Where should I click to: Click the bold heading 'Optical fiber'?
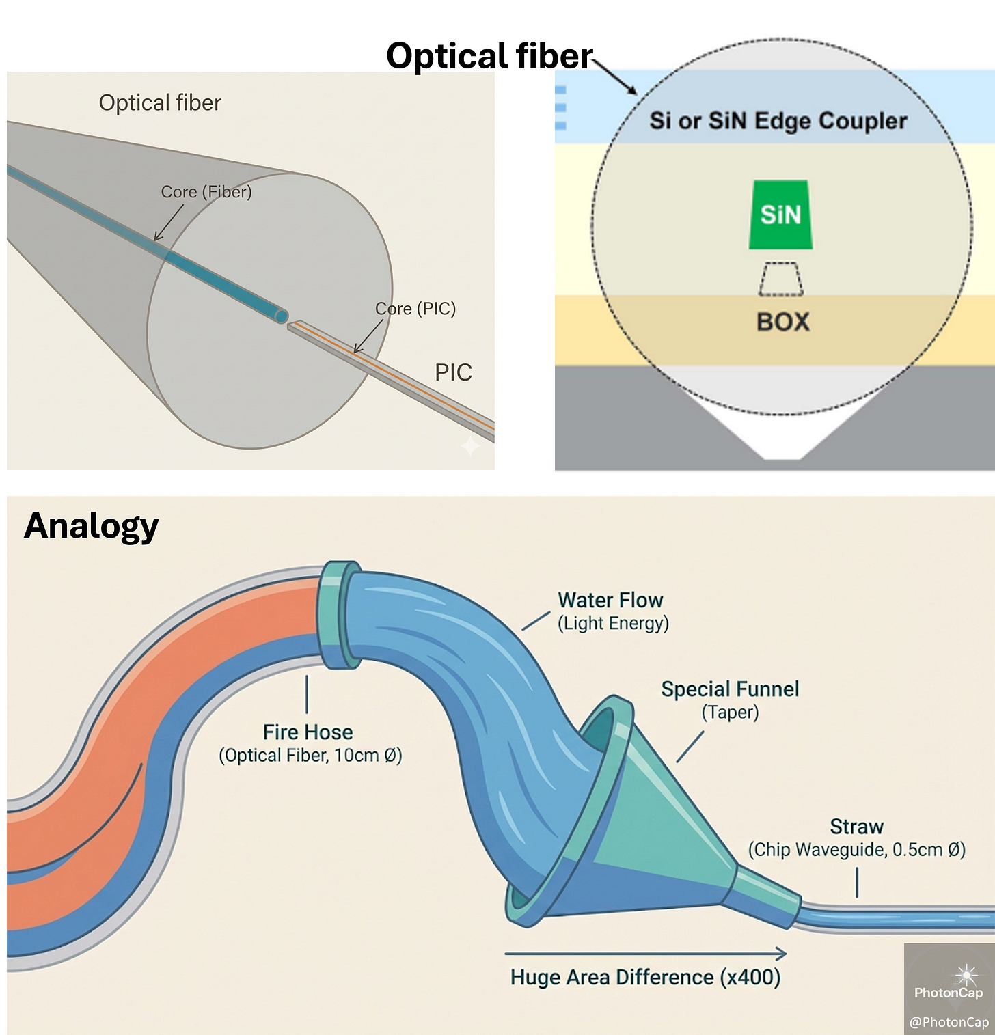pyautogui.click(x=489, y=56)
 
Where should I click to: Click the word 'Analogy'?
pyautogui.click(x=91, y=527)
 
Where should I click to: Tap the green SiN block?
pyautogui.click(x=780, y=215)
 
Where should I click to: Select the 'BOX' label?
pyautogui.click(x=782, y=322)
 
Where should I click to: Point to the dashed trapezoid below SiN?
pyautogui.click(x=780, y=279)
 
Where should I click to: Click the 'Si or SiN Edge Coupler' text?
pyautogui.click(x=778, y=121)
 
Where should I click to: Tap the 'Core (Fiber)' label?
pyautogui.click(x=206, y=192)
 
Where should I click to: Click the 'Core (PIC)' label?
pyautogui.click(x=415, y=309)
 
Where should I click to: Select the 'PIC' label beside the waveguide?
pyautogui.click(x=453, y=373)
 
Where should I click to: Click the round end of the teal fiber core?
pyautogui.click(x=280, y=315)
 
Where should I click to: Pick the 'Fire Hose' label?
pyautogui.click(x=308, y=732)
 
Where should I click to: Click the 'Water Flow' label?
pyautogui.click(x=610, y=600)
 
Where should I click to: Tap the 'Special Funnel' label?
pyautogui.click(x=730, y=689)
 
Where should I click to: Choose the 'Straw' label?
pyautogui.click(x=856, y=827)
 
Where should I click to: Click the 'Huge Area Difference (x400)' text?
pyautogui.click(x=645, y=977)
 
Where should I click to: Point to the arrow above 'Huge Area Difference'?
pyautogui.click(x=645, y=954)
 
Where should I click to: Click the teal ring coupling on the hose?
pyautogui.click(x=339, y=615)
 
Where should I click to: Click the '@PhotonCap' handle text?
pyautogui.click(x=949, y=1022)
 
